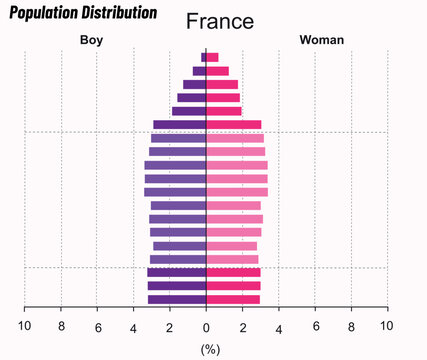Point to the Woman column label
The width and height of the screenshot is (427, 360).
pyautogui.click(x=321, y=40)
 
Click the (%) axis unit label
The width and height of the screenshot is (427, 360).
pyautogui.click(x=210, y=349)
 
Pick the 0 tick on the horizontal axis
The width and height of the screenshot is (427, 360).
pyautogui.click(x=206, y=326)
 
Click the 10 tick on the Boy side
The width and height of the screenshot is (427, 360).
pyautogui.click(x=25, y=326)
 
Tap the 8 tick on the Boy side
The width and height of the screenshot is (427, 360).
pyautogui.click(x=61, y=326)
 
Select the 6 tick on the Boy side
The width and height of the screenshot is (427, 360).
pyautogui.click(x=98, y=326)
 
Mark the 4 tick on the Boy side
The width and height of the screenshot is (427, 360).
pyautogui.click(x=133, y=326)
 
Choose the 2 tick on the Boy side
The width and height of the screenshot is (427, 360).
pyautogui.click(x=169, y=326)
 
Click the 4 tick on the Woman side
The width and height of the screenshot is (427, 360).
pyautogui.click(x=279, y=327)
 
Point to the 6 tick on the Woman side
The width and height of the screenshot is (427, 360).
pyautogui.click(x=315, y=326)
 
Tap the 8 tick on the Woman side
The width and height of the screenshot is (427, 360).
pyautogui.click(x=351, y=326)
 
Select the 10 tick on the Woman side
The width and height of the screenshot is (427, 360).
pyautogui.click(x=386, y=326)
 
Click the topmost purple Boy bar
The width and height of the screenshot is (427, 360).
pyautogui.click(x=203, y=57)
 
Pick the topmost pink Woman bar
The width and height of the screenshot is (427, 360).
pyautogui.click(x=212, y=57)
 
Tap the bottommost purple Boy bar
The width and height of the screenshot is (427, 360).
pyautogui.click(x=177, y=299)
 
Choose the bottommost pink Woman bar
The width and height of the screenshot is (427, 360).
pyautogui.click(x=233, y=299)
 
